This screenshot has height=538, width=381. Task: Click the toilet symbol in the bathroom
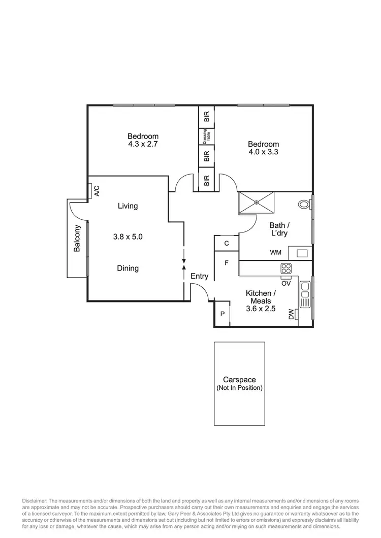point(304,205)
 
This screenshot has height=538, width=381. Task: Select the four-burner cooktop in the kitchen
point(286,268)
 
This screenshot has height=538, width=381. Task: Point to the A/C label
point(96,191)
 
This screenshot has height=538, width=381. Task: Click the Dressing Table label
point(207,137)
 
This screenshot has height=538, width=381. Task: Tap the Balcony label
point(77,238)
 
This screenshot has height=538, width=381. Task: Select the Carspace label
point(239,379)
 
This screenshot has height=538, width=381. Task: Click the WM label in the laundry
point(276,252)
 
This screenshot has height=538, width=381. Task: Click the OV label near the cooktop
point(285,283)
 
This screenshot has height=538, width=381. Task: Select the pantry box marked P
point(222,315)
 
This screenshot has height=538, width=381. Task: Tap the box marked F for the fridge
point(227,263)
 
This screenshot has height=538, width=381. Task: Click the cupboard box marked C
point(227,243)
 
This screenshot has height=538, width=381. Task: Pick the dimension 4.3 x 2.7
point(143,144)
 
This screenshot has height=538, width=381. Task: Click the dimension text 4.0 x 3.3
point(263,152)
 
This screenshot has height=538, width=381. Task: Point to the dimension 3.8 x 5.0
point(128,237)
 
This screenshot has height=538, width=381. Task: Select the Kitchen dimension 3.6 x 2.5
point(261,308)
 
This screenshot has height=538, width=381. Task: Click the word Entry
point(200,276)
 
